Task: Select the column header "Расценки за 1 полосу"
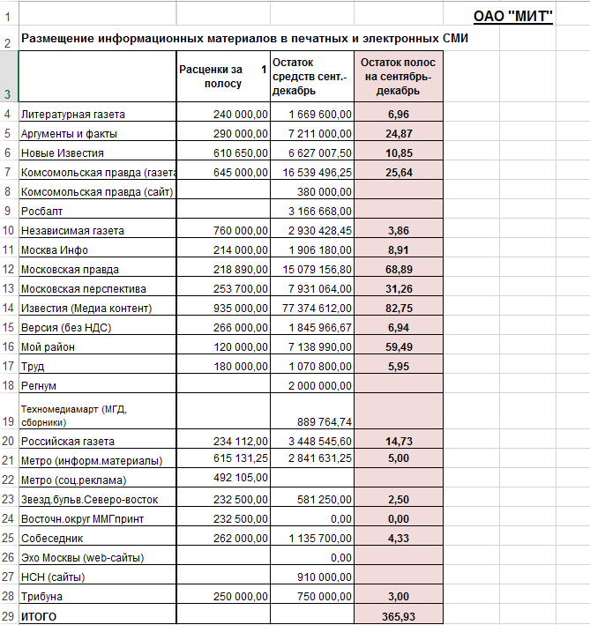click(222, 77)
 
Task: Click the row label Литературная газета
click(73, 115)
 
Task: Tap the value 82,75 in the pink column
click(398, 309)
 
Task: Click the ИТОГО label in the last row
click(39, 617)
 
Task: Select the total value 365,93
click(398, 617)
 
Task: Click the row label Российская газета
click(68, 442)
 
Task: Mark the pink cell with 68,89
click(398, 270)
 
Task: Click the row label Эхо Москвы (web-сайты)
click(82, 558)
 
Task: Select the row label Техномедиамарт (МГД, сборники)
click(74, 414)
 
